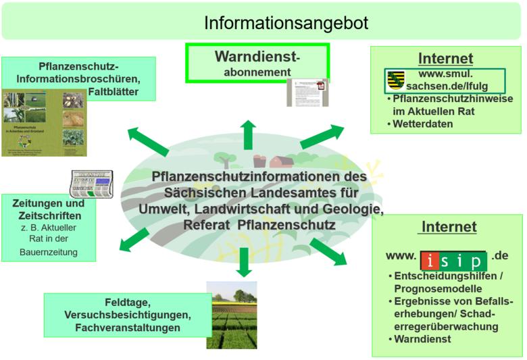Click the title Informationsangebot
(x=286, y=24)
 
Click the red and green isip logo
(x=453, y=260)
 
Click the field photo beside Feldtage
(x=231, y=315)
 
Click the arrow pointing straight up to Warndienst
(x=248, y=134)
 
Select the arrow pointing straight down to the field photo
(x=244, y=262)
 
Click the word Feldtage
(x=127, y=303)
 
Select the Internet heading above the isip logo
(x=449, y=227)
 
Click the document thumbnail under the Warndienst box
(x=307, y=92)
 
